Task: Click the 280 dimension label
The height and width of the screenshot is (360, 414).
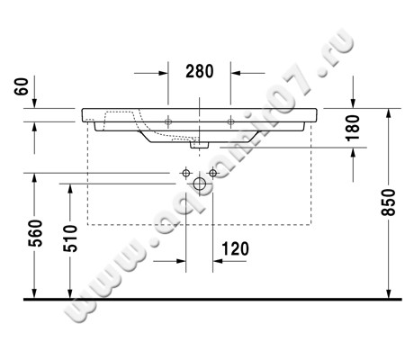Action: coord(200,70)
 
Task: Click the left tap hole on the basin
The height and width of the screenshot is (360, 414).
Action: coord(168,120)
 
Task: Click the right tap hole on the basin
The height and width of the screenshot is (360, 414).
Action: coord(230,120)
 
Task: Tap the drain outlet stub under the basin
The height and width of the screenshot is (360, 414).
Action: coord(200,143)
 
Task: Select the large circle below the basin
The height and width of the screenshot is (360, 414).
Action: coord(199,184)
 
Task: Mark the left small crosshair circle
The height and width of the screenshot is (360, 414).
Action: coord(185,171)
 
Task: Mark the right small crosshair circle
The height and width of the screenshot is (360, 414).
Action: coord(213,171)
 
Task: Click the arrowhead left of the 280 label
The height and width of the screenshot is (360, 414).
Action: coord(162,70)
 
